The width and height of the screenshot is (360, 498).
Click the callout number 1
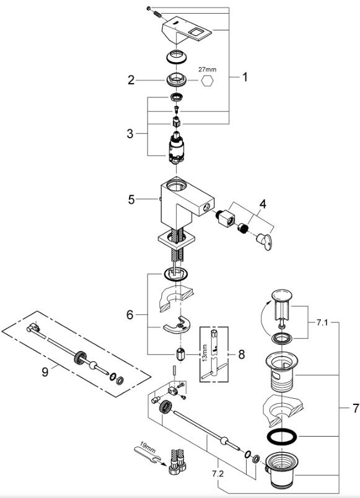[x=245, y=77]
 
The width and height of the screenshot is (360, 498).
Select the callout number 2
[x=131, y=80]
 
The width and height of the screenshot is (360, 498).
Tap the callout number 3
[x=130, y=134]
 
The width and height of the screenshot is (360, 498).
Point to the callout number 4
[x=263, y=204]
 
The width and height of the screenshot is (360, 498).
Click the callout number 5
[x=131, y=200]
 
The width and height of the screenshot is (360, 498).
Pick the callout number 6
[x=130, y=315]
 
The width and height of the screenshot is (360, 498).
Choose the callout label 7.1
[x=322, y=322]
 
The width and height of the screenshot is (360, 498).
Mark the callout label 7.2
[x=218, y=474]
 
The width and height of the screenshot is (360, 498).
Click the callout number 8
[x=242, y=355]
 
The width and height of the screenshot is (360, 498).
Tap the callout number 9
[x=45, y=372]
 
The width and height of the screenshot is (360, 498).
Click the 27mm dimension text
[x=208, y=69]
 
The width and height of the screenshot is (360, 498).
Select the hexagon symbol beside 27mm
[x=207, y=81]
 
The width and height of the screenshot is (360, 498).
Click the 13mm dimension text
[x=204, y=352]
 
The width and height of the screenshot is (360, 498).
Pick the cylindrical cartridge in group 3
[x=175, y=148]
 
